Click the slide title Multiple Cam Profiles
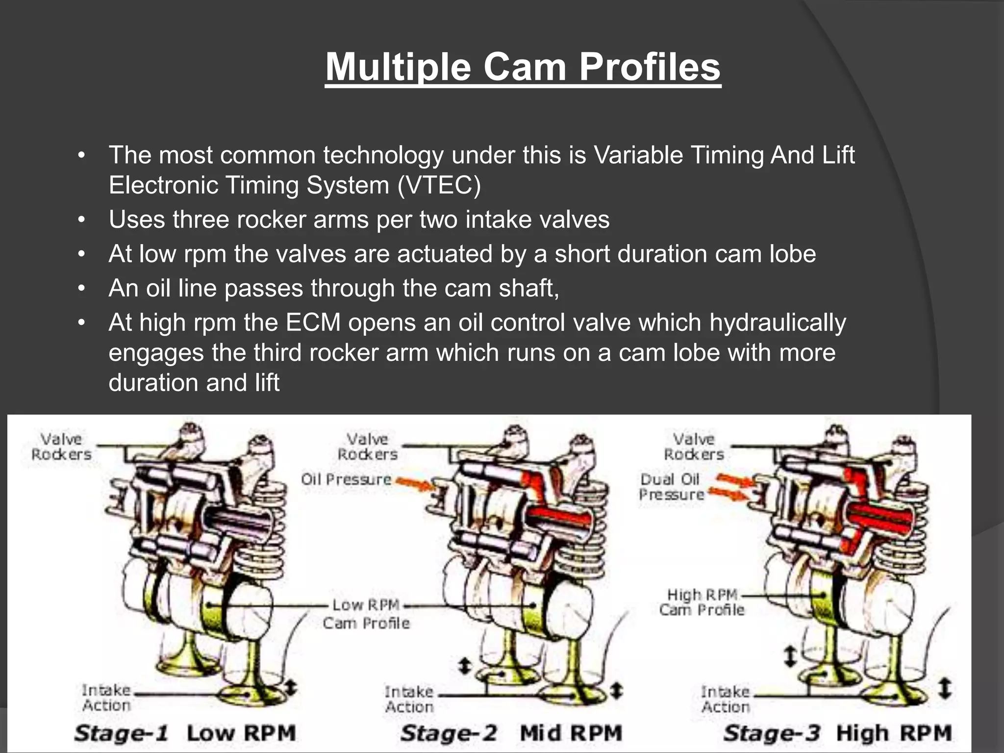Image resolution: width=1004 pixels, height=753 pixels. click(x=523, y=67)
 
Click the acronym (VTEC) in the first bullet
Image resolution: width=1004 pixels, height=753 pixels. click(x=439, y=185)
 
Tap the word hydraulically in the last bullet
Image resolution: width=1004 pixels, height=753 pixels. click(x=778, y=323)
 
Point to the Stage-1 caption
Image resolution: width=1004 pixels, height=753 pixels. click(x=121, y=733)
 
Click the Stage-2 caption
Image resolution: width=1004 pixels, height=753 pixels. click(x=449, y=733)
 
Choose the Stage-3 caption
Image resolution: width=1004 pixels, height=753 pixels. click(x=771, y=733)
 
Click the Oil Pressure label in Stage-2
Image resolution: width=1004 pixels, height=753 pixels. click(x=346, y=479)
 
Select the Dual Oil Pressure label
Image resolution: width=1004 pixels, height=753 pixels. click(x=671, y=487)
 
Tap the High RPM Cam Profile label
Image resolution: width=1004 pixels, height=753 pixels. click(x=702, y=602)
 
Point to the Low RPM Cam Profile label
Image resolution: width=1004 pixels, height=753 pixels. click(x=366, y=614)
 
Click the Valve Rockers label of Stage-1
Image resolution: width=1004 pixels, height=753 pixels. click(x=61, y=447)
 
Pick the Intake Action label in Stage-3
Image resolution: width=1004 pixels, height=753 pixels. click(x=725, y=699)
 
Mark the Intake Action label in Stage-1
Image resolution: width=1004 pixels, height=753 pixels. click(x=106, y=698)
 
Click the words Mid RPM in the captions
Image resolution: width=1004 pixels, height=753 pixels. click(x=571, y=733)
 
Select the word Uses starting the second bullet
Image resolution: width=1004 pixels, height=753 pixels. click(x=137, y=220)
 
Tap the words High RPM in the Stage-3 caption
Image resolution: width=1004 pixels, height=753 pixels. click(x=893, y=733)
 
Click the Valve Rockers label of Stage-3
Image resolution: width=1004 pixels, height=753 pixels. click(x=694, y=447)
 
